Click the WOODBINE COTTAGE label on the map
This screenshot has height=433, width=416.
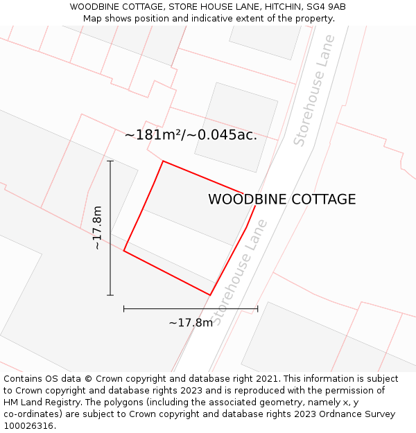click(281, 200)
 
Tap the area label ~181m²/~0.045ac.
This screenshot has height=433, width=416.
click(191, 135)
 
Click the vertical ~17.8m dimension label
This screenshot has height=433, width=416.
click(98, 227)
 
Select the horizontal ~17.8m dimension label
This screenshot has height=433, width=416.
click(191, 323)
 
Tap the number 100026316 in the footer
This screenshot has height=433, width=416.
click(28, 426)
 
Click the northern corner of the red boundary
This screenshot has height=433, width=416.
click(163, 161)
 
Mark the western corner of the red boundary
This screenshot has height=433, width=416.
click(124, 251)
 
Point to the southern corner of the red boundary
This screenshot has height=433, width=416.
click(210, 295)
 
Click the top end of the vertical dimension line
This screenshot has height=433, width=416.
click(110, 161)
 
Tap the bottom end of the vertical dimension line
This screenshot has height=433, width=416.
click(110, 295)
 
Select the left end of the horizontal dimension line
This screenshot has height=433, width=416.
click(124, 309)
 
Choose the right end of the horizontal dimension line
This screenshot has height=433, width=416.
click(257, 309)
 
